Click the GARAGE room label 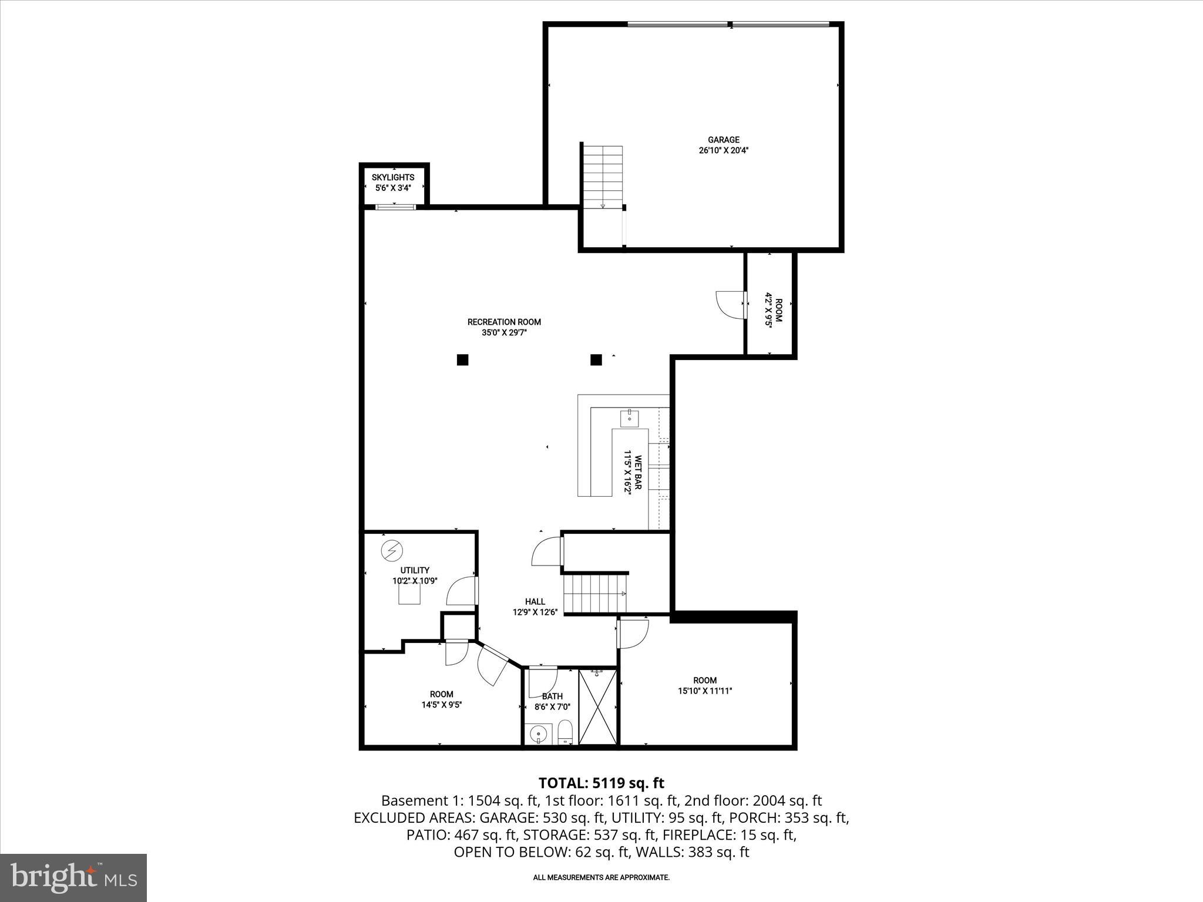[x=723, y=140]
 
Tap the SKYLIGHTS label [x=393, y=177]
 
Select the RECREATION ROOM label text [x=504, y=322]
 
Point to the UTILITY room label [x=415, y=570]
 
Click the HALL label [x=535, y=601]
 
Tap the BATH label [x=552, y=696]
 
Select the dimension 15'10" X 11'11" [x=705, y=691]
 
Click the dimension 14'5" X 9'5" [x=441, y=705]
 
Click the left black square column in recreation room [x=462, y=360]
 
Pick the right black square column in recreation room [x=596, y=360]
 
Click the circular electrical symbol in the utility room [x=392, y=550]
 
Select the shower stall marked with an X [x=597, y=706]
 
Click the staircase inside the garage [x=603, y=177]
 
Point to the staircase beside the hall [x=595, y=594]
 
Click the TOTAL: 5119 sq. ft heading [x=601, y=783]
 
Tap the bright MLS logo [x=73, y=877]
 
